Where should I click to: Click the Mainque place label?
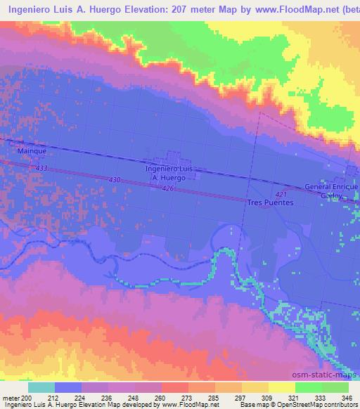click(x=32, y=150)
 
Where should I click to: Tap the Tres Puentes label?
click(x=270, y=202)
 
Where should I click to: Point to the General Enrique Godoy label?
click(x=332, y=192)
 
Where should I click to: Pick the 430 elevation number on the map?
click(x=115, y=181)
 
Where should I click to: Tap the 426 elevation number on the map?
click(x=167, y=189)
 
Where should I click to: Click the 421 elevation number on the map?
click(x=282, y=194)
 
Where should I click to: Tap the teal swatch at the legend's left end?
click(x=41, y=387)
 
